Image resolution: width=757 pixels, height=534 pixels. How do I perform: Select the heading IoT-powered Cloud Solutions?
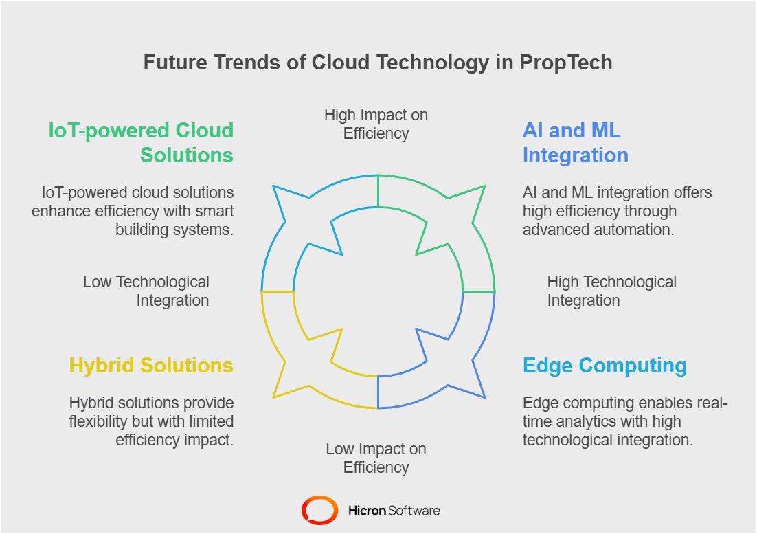pyautogui.click(x=141, y=142)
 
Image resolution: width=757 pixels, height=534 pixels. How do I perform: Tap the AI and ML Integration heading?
pyautogui.click(x=575, y=142)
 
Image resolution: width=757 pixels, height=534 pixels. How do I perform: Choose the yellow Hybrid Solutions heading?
pyautogui.click(x=151, y=365)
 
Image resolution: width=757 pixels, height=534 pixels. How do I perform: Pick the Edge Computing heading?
pyautogui.click(x=605, y=365)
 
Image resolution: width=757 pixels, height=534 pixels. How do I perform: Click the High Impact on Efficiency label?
pyautogui.click(x=376, y=124)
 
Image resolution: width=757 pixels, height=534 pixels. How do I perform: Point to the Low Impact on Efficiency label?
pyautogui.click(x=376, y=458)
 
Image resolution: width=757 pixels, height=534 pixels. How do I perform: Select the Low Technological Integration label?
pyautogui.click(x=146, y=291)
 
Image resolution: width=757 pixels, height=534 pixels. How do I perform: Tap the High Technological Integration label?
pyautogui.click(x=611, y=291)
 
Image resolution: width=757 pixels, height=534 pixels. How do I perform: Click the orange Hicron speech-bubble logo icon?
pyautogui.click(x=319, y=511)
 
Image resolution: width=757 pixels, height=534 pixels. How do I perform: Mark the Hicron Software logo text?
pyautogui.click(x=394, y=511)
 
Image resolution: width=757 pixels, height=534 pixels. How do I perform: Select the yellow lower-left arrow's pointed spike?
pyautogui.click(x=275, y=396)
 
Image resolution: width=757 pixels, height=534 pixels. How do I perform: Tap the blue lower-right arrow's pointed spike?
pyautogui.click(x=484, y=396)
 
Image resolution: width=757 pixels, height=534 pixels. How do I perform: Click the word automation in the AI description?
pyautogui.click(x=640, y=230)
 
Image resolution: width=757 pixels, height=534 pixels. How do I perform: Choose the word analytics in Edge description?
pyautogui.click(x=587, y=421)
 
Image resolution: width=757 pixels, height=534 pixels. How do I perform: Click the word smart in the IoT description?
pyautogui.click(x=214, y=211)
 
